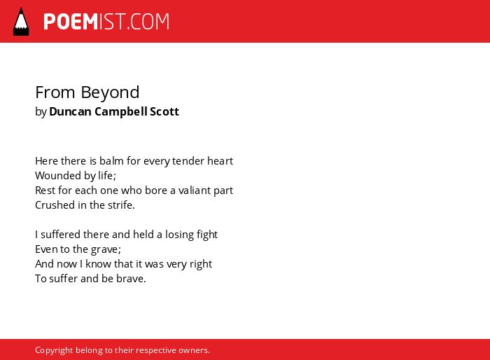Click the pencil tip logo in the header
click(x=21, y=22)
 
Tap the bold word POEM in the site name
click(x=71, y=22)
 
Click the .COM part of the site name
click(x=148, y=22)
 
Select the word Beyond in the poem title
click(x=110, y=92)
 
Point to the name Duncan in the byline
click(x=70, y=111)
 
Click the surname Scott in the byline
click(x=164, y=111)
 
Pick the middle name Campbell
click(x=121, y=112)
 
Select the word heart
click(x=220, y=161)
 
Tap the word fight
click(x=206, y=235)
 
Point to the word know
click(x=98, y=263)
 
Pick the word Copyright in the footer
click(x=54, y=350)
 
